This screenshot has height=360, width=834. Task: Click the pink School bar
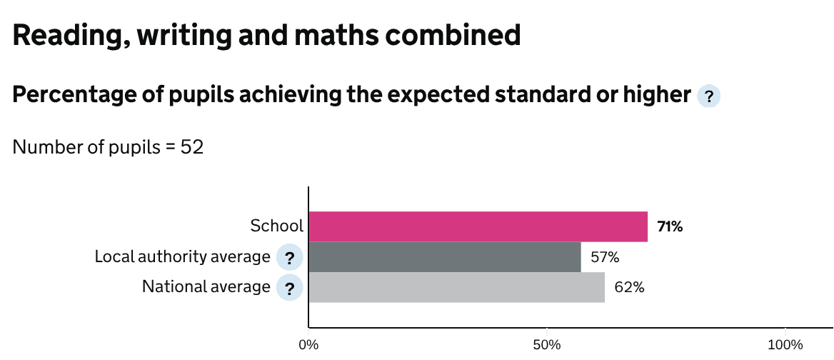click(478, 226)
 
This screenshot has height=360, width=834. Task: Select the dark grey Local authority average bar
click(444, 257)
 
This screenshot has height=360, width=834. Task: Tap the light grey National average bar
click(456, 287)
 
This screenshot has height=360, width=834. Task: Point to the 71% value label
click(670, 227)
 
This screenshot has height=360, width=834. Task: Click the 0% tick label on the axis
click(308, 345)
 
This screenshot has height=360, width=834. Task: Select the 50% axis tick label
click(546, 345)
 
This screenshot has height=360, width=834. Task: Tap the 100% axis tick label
click(785, 345)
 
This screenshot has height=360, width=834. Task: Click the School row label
click(276, 226)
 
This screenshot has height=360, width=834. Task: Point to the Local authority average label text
click(182, 256)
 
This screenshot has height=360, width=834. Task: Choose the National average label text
click(206, 287)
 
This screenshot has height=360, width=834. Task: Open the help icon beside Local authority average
click(289, 258)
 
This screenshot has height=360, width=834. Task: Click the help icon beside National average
click(289, 289)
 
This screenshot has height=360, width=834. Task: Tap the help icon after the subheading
click(708, 96)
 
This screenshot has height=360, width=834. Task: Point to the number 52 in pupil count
click(193, 148)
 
